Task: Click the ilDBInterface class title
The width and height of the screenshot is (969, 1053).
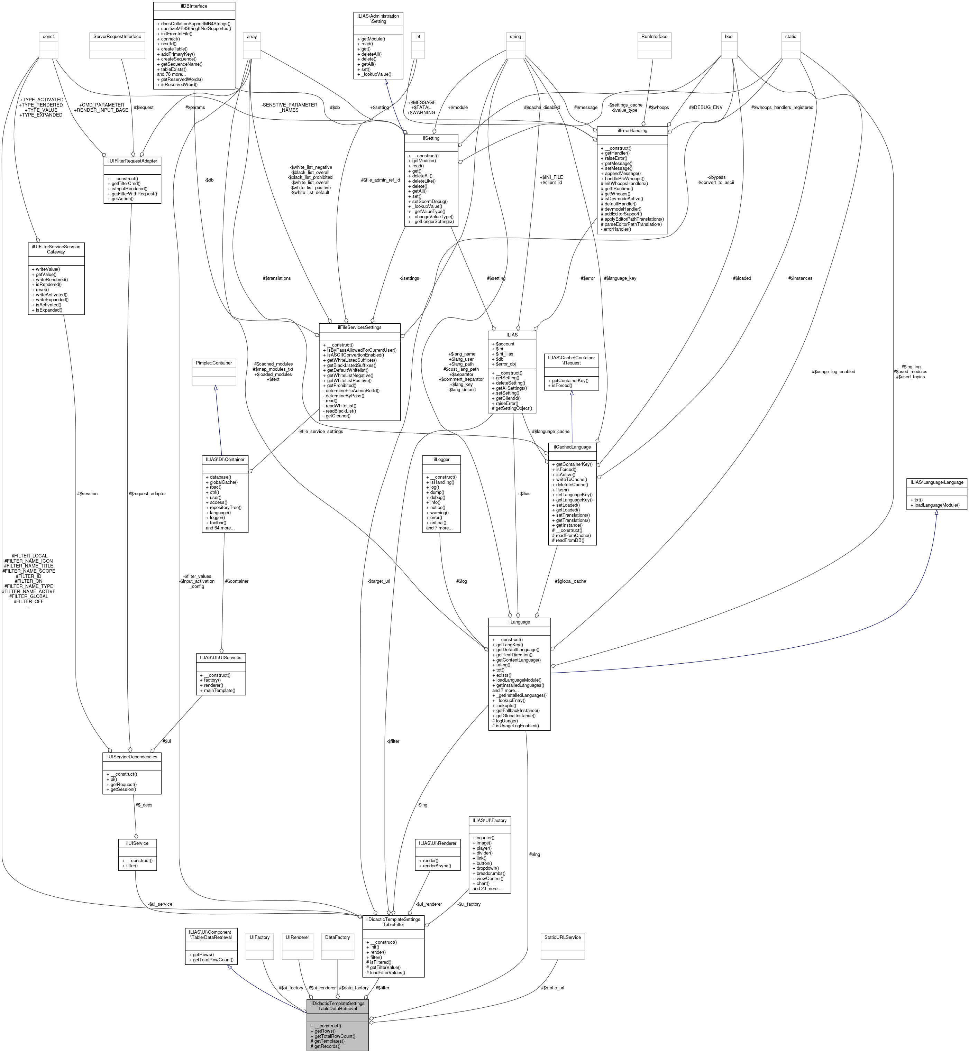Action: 194,6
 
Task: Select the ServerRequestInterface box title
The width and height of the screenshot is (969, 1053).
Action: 118,37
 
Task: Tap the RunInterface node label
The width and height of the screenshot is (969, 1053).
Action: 655,37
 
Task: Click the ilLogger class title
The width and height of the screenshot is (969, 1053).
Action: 441,459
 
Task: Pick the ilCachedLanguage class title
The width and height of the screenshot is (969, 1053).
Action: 572,447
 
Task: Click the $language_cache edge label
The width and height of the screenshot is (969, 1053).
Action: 550,431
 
